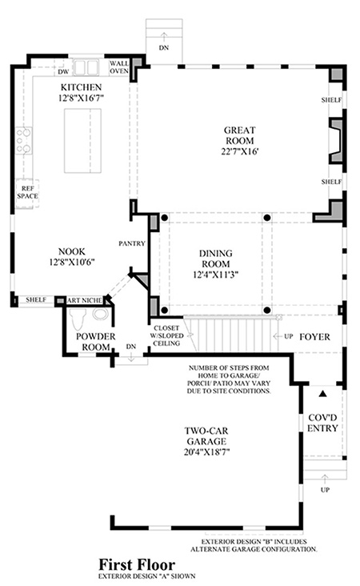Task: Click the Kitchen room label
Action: pyautogui.click(x=81, y=87)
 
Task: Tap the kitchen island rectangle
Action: pyautogui.click(x=82, y=141)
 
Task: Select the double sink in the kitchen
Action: pyautogui.click(x=86, y=67)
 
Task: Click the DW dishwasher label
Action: pyautogui.click(x=64, y=72)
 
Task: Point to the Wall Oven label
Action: pyautogui.click(x=119, y=67)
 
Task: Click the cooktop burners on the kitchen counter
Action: pyautogui.click(x=23, y=141)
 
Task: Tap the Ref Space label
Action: pyautogui.click(x=27, y=192)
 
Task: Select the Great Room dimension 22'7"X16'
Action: pyautogui.click(x=240, y=151)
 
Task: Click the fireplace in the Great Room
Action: pyautogui.click(x=336, y=141)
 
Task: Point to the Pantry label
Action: pyautogui.click(x=132, y=243)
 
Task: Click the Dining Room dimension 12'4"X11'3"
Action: pyautogui.click(x=215, y=275)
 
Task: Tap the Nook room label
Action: pyautogui.click(x=72, y=251)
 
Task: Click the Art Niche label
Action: pyautogui.click(x=85, y=300)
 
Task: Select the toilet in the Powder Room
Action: pyautogui.click(x=78, y=319)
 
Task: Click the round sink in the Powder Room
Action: pyautogui.click(x=101, y=315)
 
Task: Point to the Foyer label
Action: pyautogui.click(x=315, y=337)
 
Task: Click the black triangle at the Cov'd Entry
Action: pyautogui.click(x=323, y=394)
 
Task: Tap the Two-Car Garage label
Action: pyautogui.click(x=206, y=435)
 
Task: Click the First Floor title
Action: pyautogui.click(x=137, y=564)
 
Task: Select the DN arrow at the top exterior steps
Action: pyautogui.click(x=163, y=36)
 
